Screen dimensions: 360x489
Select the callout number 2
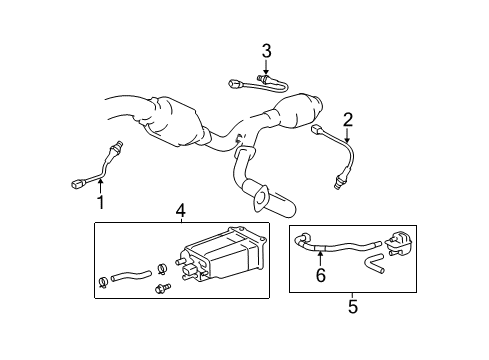(x=348, y=120)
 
